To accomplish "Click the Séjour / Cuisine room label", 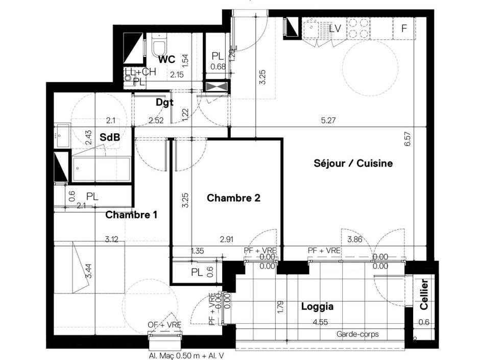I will pos(353,163).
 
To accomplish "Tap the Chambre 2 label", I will pos(233,198).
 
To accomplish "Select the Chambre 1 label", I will pos(131,215).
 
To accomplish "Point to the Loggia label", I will pos(317,306).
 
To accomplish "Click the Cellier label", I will pos(424,295).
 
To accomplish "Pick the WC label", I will pos(167,59).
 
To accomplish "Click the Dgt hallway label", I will pos(164,102).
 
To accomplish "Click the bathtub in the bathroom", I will pos(101,169).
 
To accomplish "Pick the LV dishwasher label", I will pos(334,29).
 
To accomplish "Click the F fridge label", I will pos(404,29).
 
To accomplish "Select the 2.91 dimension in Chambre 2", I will pos(227,238).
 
